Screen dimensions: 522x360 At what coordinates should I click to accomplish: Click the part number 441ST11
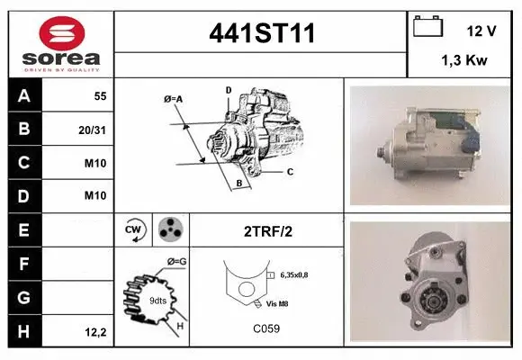(262, 33)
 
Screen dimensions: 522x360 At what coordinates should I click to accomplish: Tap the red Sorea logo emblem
(62, 33)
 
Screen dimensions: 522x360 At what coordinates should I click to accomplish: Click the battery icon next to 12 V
(427, 26)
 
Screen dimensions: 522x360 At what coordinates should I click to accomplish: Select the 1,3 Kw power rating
(464, 60)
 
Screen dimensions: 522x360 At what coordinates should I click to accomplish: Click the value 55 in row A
(100, 96)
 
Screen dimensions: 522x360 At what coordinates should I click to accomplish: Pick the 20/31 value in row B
(92, 130)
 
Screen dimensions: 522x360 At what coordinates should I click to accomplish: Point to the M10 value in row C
(95, 163)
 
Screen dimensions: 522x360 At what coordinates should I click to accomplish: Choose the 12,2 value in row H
(95, 332)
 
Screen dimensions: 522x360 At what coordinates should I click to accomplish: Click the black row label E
(24, 230)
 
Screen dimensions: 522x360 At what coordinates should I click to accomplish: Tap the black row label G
(24, 297)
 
